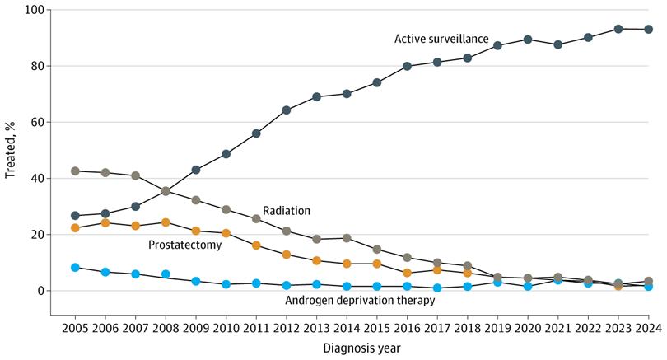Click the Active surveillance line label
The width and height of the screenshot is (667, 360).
pos(441,39)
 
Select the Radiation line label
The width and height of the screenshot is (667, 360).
pos(287,211)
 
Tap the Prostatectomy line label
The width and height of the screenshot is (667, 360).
pos(184,245)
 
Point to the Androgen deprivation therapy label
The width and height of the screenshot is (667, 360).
pos(360,300)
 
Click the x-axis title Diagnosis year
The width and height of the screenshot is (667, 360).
pos(361,348)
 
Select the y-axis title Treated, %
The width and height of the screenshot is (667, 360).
pos(10,150)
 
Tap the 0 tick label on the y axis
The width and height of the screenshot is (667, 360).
pos(41,291)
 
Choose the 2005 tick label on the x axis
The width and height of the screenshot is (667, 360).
pos(75,328)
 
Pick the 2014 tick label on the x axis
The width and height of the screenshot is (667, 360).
pos(347,328)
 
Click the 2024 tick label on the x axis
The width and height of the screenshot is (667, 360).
pos(648,328)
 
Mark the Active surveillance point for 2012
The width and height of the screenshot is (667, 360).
pos(287,110)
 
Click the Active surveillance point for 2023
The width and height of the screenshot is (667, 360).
pos(618,29)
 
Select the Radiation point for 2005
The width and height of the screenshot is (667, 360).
pos(75,171)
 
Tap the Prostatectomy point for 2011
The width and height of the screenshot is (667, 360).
pos(256,245)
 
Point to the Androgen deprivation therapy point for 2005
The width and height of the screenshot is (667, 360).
pos(75,267)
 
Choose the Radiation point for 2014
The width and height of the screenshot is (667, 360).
pos(347,238)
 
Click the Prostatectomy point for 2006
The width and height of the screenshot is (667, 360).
pos(105,223)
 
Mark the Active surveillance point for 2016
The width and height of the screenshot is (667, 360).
pos(407,67)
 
